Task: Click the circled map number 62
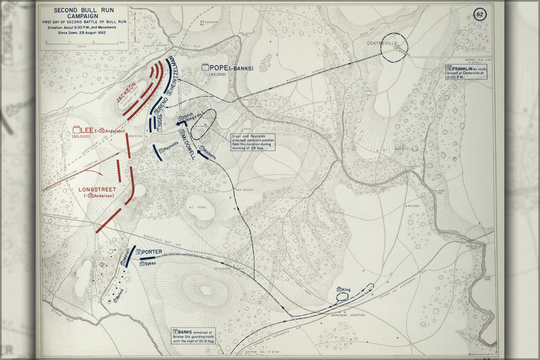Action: click(x=480, y=15)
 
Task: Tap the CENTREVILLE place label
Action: click(x=382, y=43)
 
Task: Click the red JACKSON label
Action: click(x=126, y=93)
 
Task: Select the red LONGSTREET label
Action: click(x=97, y=189)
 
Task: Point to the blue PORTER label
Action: click(x=152, y=252)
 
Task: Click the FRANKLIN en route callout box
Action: click(x=467, y=72)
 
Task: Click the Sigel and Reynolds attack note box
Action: click(x=253, y=142)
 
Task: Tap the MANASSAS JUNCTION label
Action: click(x=348, y=315)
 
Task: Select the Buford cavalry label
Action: click(x=119, y=295)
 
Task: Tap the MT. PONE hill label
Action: click(x=197, y=207)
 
